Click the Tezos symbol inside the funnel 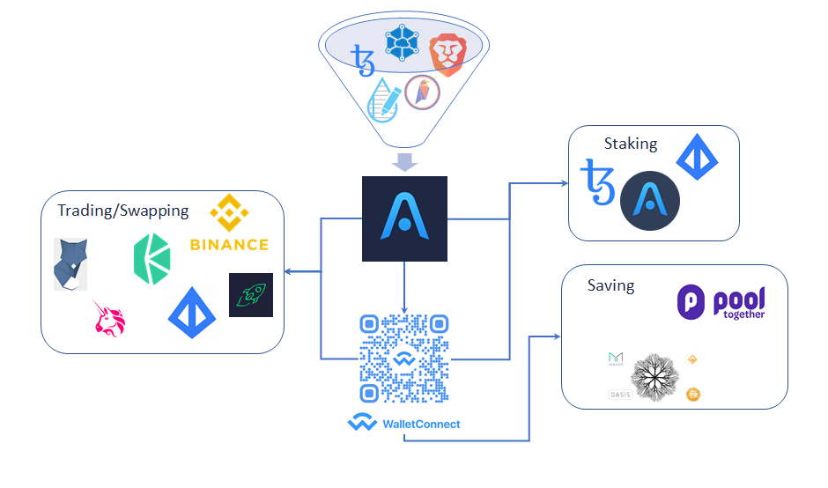coord(362,61)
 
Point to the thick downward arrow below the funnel coord(404,161)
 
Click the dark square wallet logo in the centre coord(404,218)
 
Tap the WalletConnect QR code coord(404,359)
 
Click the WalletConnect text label coord(420,424)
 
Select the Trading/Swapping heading coord(122,211)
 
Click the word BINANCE coord(229,244)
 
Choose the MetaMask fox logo coord(70,263)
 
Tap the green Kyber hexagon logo coord(152,259)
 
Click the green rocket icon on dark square coord(251,295)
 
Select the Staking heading coord(631,144)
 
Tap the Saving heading coord(610,286)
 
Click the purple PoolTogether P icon coord(691,302)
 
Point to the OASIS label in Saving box coord(620,394)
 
